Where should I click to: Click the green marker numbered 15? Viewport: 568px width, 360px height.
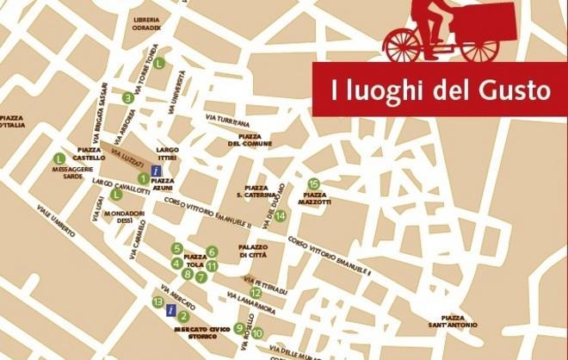coord(313,183)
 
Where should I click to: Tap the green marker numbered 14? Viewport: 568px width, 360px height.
coord(280,215)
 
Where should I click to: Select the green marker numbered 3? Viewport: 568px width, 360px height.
coord(127,97)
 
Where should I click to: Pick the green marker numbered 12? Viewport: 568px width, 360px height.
coord(256,293)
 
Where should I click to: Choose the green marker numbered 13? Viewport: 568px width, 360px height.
coord(157,301)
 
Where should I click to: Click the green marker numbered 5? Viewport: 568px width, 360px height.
coord(176,249)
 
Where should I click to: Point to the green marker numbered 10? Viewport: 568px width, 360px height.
coord(256,333)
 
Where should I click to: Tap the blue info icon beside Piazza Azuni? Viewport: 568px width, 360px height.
coord(156,172)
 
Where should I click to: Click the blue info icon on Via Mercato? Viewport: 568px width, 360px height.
coord(171,310)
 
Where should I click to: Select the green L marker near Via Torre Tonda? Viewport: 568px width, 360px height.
coord(159,62)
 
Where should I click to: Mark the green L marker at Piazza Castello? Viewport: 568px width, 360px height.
coord(59,158)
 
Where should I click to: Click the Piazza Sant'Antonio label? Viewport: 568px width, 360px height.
coord(453,321)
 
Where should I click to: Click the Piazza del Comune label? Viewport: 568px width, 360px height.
coord(250,140)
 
